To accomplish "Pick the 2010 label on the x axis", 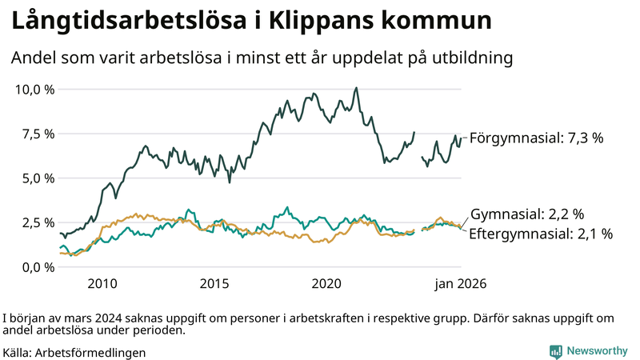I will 102,283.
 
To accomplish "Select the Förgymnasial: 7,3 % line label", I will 536,138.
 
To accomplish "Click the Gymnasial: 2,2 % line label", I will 527,214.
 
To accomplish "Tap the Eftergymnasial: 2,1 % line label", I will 541,234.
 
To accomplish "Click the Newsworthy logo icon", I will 555,351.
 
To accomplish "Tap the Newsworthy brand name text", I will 597,351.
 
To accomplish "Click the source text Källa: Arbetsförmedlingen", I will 74,352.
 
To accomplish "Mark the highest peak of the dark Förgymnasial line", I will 356,88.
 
